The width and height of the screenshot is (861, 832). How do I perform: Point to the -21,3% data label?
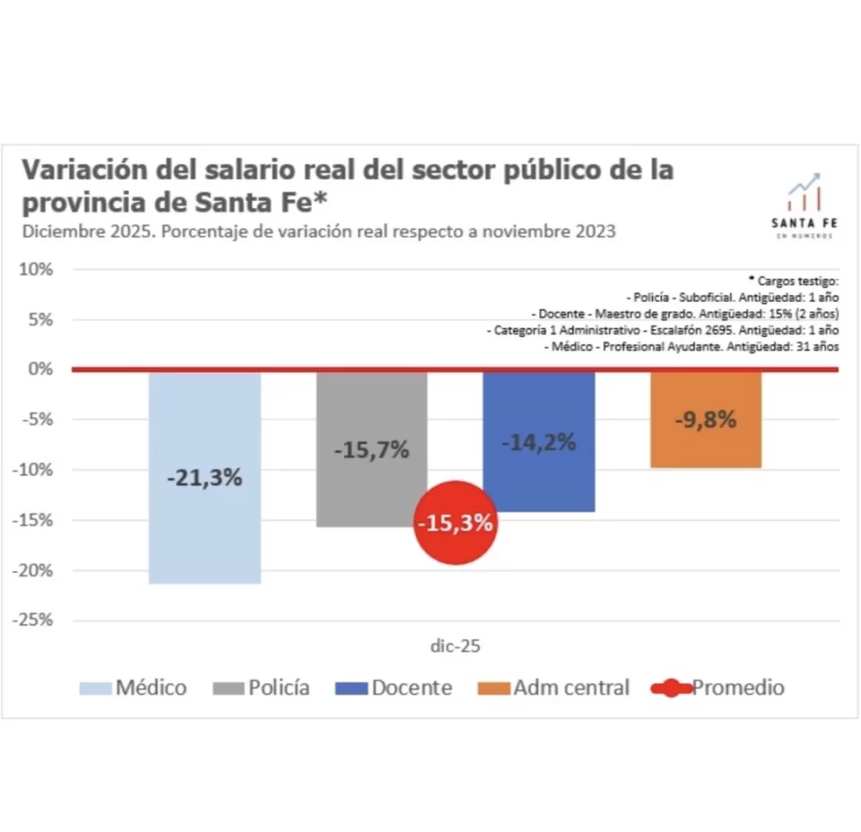point(204,478)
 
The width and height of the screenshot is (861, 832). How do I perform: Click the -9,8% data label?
point(706,418)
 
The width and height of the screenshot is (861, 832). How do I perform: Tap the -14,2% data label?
point(538,442)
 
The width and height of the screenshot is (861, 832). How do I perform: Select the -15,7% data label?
point(371,450)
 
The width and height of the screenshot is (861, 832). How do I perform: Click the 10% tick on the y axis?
point(37,269)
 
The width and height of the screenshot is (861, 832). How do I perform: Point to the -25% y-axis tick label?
point(34,620)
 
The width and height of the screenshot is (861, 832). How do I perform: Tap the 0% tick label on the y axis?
point(39,369)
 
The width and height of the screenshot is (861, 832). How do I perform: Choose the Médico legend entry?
point(134,688)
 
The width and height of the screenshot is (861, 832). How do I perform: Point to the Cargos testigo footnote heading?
point(793,280)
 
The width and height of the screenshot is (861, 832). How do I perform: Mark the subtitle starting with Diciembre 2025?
point(319,231)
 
